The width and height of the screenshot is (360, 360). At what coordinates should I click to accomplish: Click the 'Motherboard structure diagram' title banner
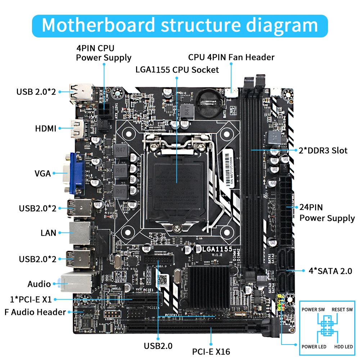(x=180, y=25)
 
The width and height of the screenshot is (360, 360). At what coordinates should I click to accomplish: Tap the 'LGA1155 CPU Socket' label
(x=177, y=69)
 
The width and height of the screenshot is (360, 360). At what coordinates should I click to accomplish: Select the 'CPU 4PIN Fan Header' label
(x=231, y=57)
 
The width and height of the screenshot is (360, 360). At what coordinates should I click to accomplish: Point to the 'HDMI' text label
(x=46, y=129)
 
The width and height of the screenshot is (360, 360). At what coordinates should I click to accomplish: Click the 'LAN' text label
(x=48, y=233)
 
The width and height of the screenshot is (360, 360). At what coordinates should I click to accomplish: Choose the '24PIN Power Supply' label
(x=327, y=212)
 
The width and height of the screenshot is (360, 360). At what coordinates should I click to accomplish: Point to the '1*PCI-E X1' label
(x=31, y=299)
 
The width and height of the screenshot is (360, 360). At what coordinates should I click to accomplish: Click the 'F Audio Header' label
(x=35, y=312)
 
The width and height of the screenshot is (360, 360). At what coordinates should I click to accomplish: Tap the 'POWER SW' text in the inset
(x=313, y=310)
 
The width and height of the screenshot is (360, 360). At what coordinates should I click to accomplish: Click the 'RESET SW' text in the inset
(x=342, y=310)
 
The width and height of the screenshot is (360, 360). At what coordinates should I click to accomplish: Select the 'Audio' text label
(x=39, y=284)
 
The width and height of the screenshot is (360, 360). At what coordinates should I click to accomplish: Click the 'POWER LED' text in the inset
(x=314, y=347)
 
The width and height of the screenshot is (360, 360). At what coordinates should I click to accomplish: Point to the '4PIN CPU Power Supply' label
(x=103, y=53)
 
